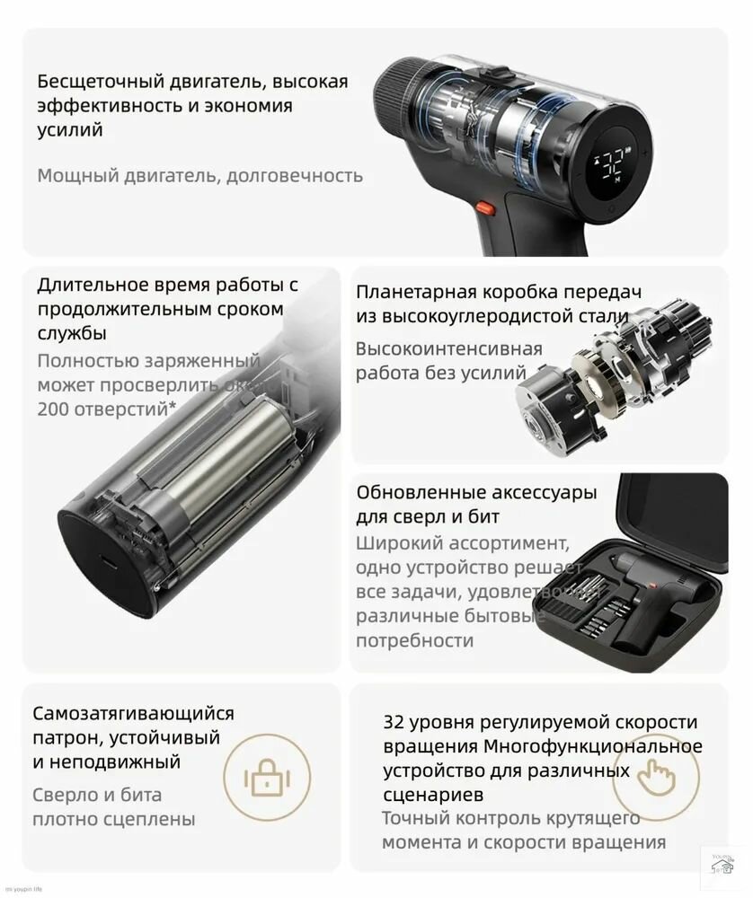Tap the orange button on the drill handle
pyautogui.click(x=485, y=207)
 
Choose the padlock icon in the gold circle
pyautogui.click(x=266, y=773)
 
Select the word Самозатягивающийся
pyautogui.click(x=133, y=714)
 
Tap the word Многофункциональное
pyautogui.click(x=593, y=747)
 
